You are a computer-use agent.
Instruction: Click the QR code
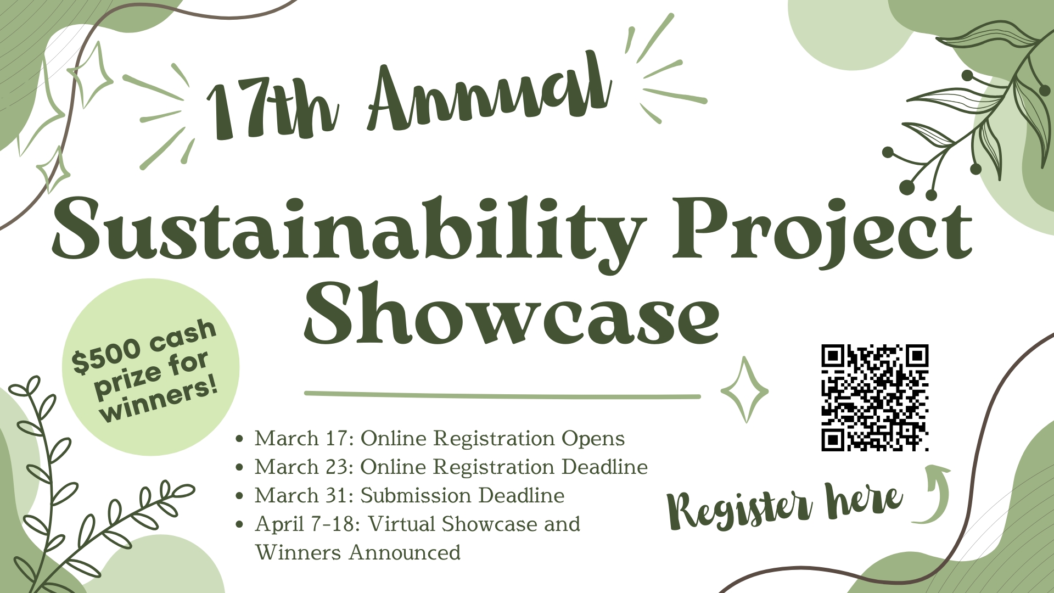(874, 398)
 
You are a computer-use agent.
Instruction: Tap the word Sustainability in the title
(349, 231)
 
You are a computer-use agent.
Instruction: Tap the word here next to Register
(865, 500)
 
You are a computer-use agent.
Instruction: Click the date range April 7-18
(307, 524)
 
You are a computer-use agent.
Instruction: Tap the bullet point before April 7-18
(239, 524)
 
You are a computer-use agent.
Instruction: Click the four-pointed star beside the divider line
(744, 390)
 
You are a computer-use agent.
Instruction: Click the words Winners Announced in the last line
(358, 553)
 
